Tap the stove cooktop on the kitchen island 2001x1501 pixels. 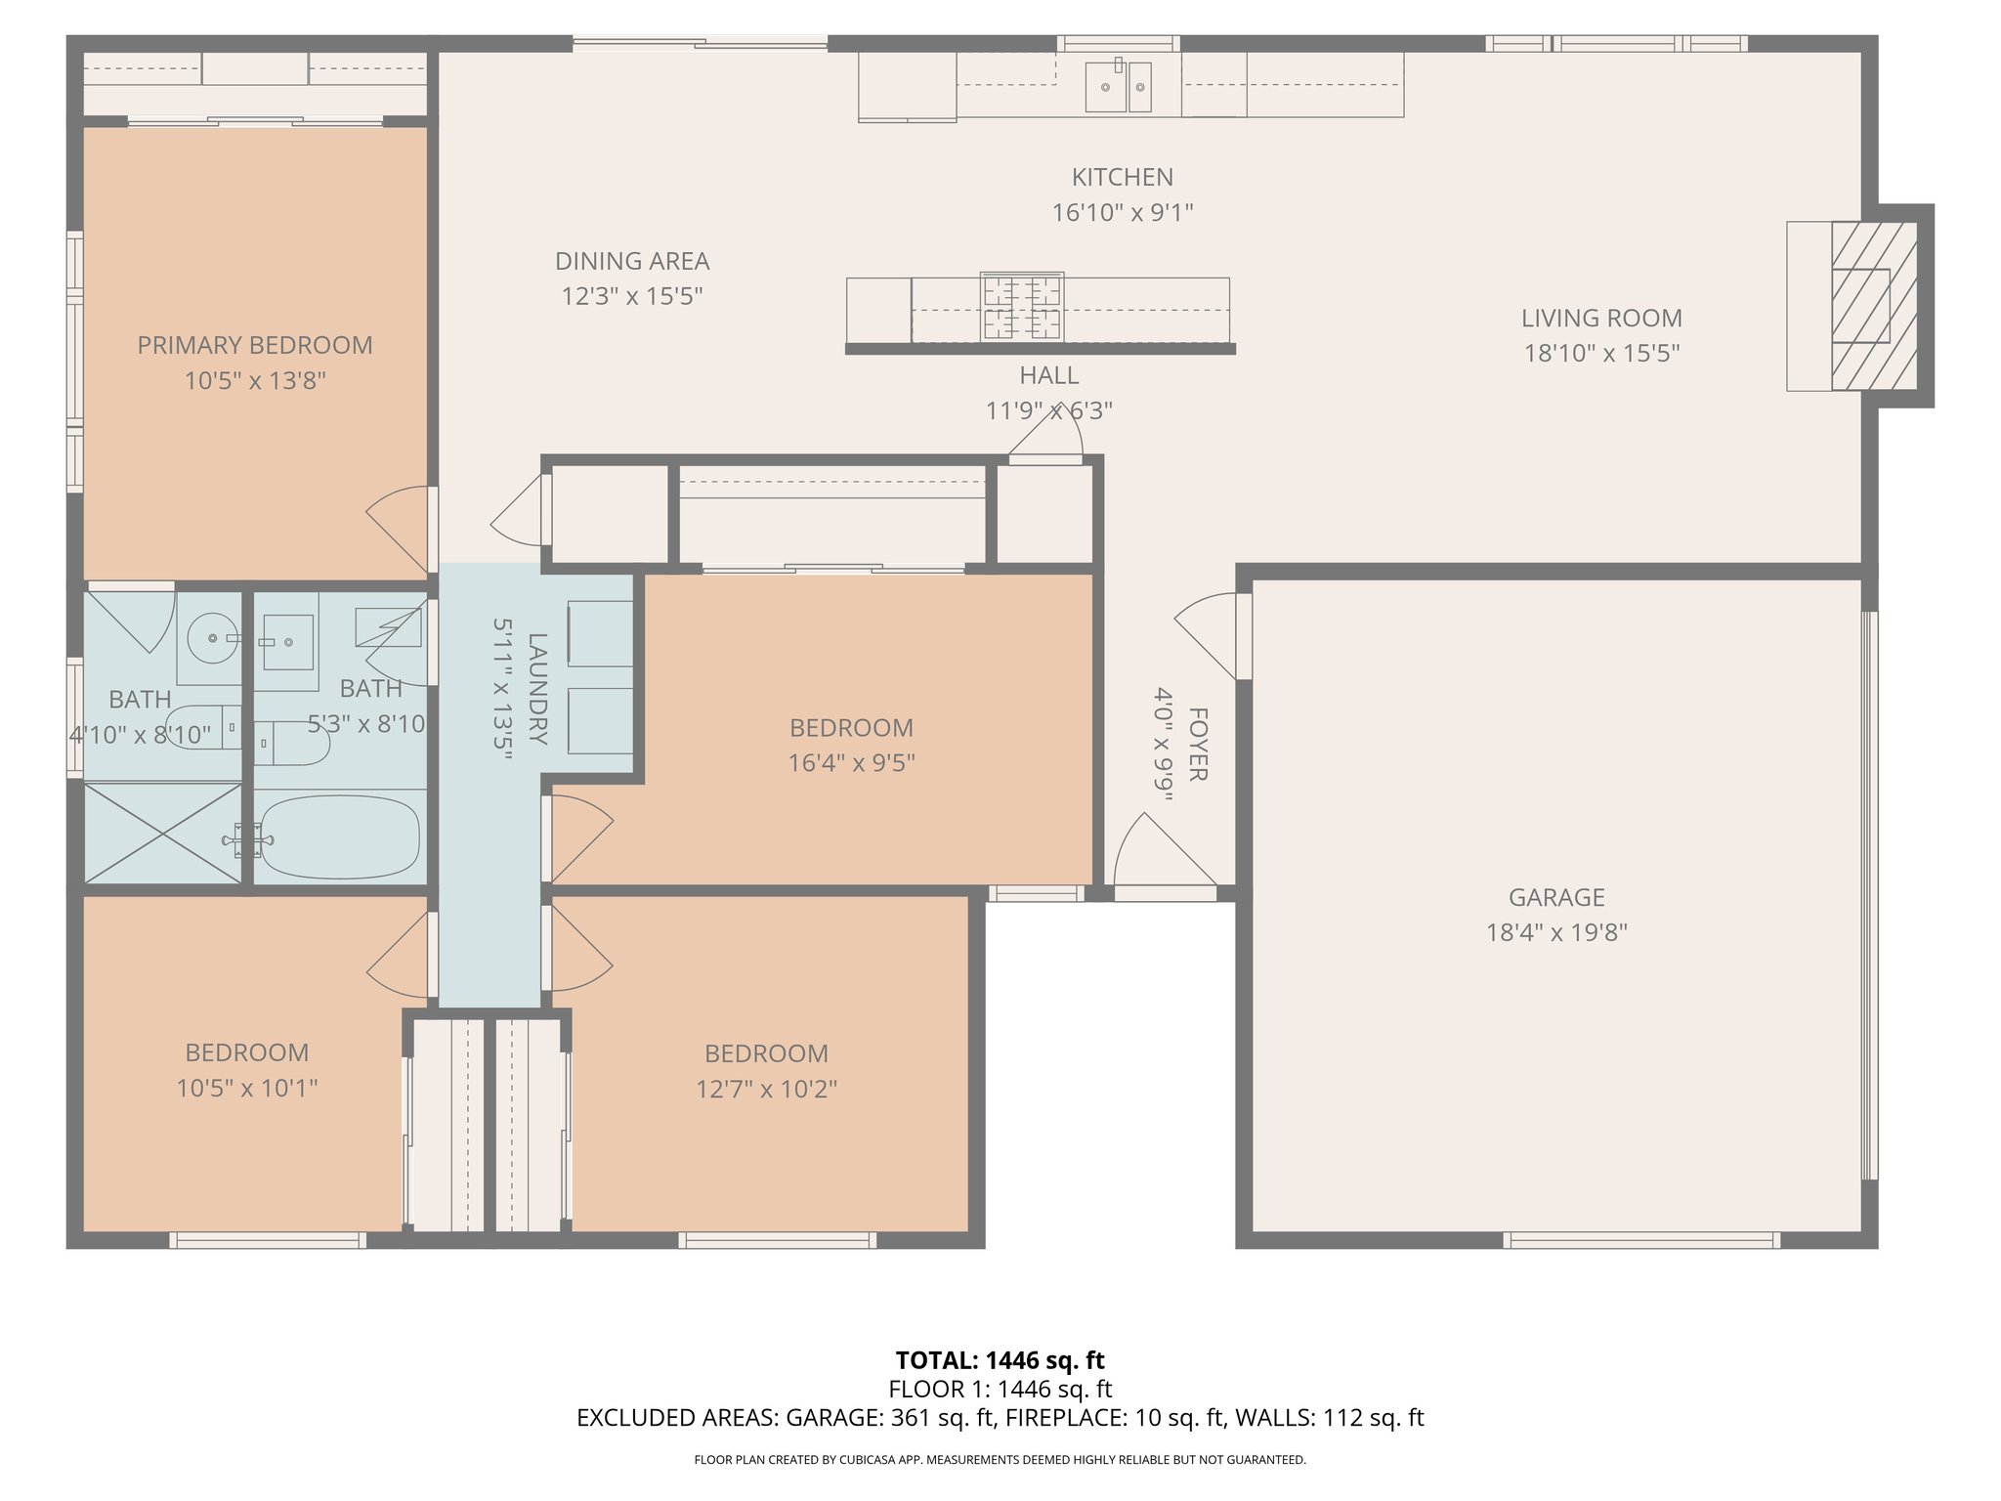coord(1022,307)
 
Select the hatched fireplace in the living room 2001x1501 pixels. coord(1873,306)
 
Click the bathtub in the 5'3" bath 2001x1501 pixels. coord(339,836)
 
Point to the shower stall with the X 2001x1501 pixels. coord(162,833)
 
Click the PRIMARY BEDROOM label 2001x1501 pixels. coord(255,345)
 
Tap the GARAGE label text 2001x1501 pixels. coord(1556,897)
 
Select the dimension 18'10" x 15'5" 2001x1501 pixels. coord(1601,353)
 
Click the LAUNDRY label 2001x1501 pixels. coord(537,689)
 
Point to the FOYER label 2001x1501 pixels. coord(1198,745)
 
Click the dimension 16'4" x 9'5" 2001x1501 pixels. coord(851,762)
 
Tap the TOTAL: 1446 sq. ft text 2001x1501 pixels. coord(1000,1360)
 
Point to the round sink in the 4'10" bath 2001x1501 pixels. coord(211,638)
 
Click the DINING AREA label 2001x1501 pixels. coord(632,261)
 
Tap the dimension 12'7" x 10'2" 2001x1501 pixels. coord(766,1089)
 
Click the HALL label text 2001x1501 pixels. coord(1049,375)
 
